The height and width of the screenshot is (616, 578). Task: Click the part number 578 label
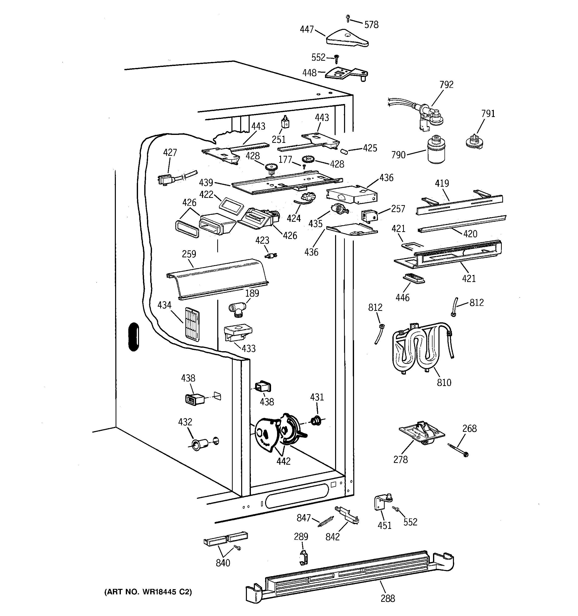(371, 25)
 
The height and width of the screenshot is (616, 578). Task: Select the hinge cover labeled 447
(347, 38)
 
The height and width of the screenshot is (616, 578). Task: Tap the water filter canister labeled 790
(436, 150)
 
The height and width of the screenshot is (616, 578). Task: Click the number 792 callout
(446, 85)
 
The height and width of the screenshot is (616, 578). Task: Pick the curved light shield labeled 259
(217, 279)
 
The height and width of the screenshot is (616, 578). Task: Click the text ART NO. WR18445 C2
(148, 592)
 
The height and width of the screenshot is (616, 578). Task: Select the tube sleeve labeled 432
(198, 445)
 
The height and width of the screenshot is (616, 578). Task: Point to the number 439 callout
(206, 182)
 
